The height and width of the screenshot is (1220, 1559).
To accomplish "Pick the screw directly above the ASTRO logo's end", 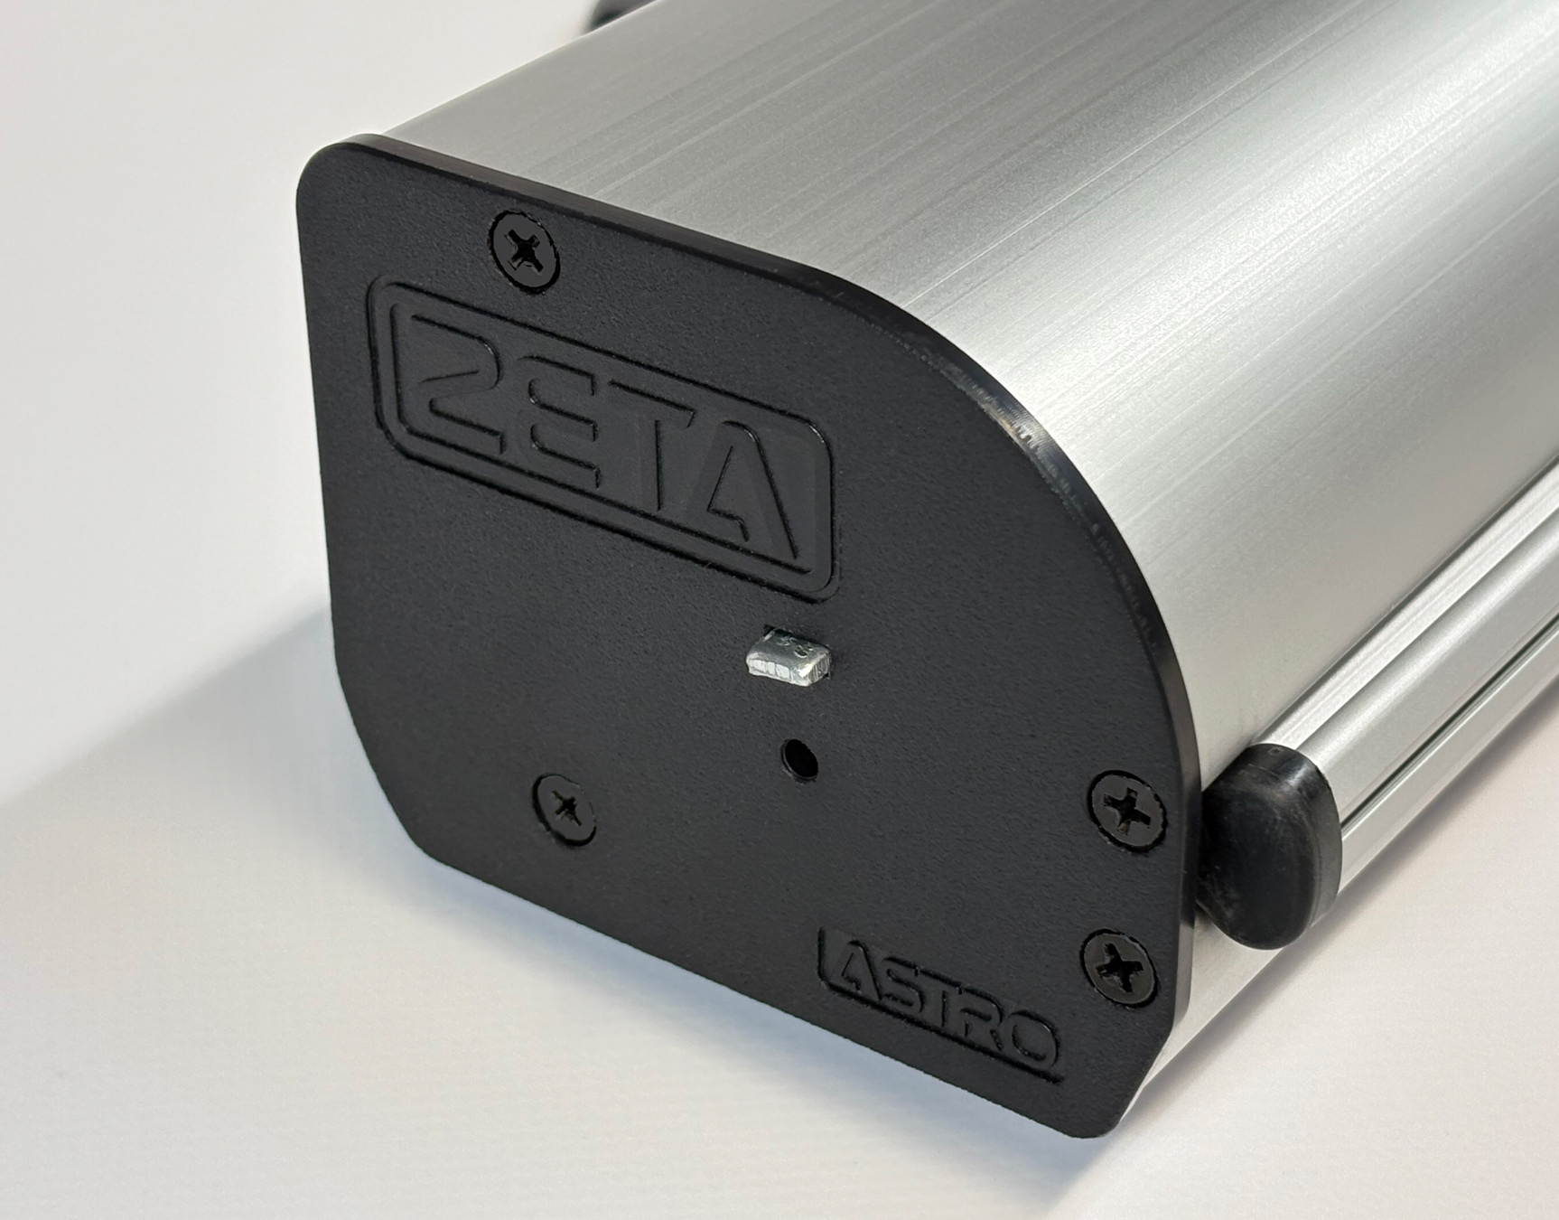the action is coord(1119,968).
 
